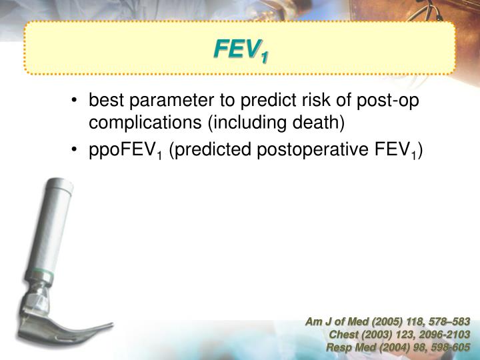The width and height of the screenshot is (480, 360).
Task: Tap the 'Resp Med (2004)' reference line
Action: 398,347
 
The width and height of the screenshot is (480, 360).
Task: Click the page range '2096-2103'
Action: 446,335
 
